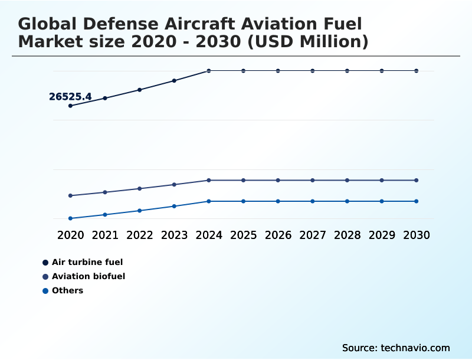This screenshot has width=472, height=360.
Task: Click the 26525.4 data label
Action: tap(70, 97)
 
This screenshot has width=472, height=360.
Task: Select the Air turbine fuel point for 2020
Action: tap(71, 106)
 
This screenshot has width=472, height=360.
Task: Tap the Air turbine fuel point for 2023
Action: tap(174, 80)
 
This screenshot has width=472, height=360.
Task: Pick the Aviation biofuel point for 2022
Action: tap(140, 189)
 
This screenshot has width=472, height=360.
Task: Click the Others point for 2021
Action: tap(105, 215)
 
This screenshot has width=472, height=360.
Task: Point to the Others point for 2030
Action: tap(416, 201)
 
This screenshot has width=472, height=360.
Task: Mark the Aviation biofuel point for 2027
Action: tap(313, 180)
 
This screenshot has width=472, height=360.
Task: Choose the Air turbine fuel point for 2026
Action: tap(278, 71)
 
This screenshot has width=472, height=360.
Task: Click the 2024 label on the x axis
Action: tap(209, 235)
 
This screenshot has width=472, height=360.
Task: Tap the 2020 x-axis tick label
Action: tap(71, 235)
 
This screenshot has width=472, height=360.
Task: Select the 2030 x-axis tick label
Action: tap(416, 235)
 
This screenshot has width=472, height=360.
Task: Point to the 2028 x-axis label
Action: tap(347, 235)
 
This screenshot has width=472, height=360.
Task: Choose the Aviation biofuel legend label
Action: tap(88, 276)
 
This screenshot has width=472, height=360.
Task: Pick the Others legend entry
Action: tap(67, 290)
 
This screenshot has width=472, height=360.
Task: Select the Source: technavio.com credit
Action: tap(396, 348)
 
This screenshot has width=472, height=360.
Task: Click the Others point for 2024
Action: tap(209, 201)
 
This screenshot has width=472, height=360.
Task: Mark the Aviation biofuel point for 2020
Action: tap(71, 195)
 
